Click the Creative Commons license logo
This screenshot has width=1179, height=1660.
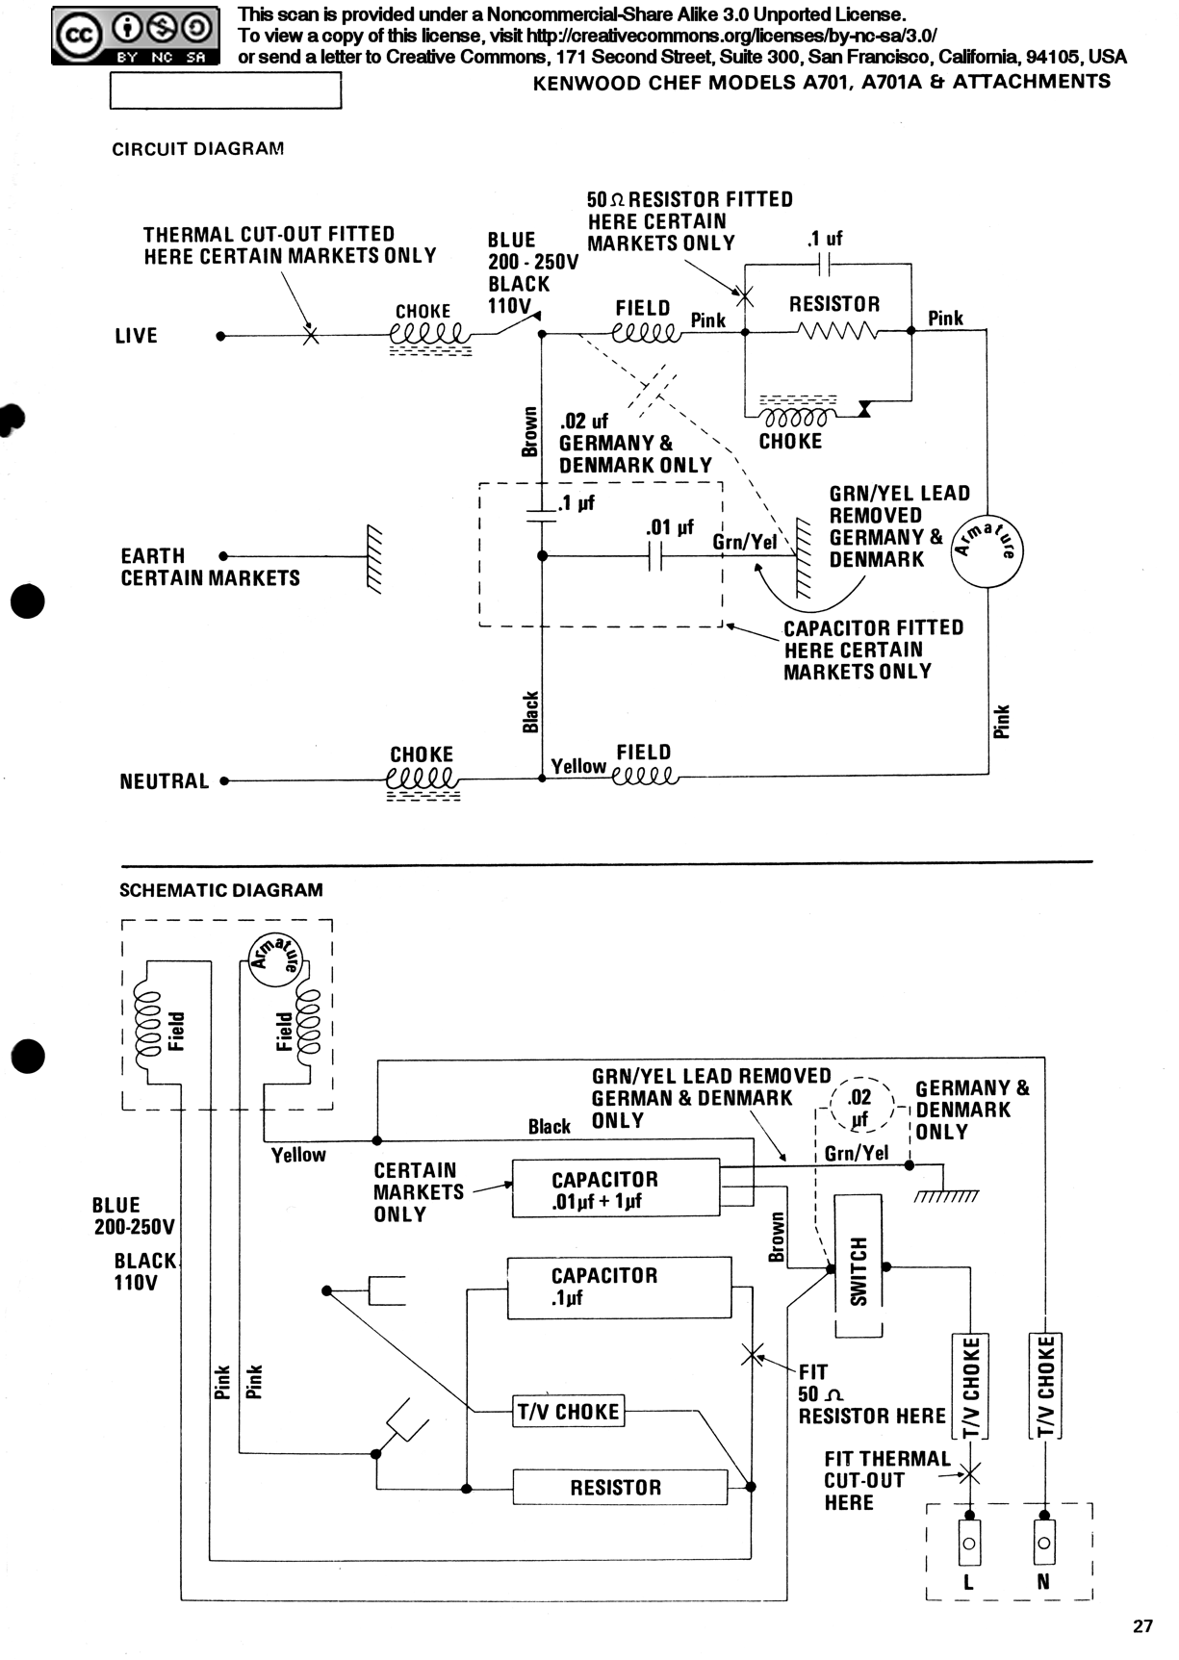pos(136,37)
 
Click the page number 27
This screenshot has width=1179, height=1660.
pos(1142,1626)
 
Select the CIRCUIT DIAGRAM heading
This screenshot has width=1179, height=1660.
pos(198,149)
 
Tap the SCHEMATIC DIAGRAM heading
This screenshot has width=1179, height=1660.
pos(221,890)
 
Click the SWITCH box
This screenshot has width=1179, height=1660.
pos(859,1265)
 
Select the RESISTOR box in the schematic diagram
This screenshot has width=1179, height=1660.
pos(620,1487)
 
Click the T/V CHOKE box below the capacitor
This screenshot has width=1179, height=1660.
pos(568,1412)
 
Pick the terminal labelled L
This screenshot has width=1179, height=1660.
pos(968,1543)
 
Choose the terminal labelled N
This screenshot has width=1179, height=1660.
pos(1044,1543)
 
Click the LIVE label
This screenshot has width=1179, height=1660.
pos(136,336)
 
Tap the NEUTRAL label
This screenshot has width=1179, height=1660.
pos(165,781)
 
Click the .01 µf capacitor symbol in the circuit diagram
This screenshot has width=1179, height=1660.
pos(655,555)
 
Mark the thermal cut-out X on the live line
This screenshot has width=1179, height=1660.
pos(310,336)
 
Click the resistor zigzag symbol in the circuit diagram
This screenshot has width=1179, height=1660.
pos(836,332)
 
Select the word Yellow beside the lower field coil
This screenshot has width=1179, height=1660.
pos(578,767)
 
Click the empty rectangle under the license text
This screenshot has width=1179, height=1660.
pos(226,90)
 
